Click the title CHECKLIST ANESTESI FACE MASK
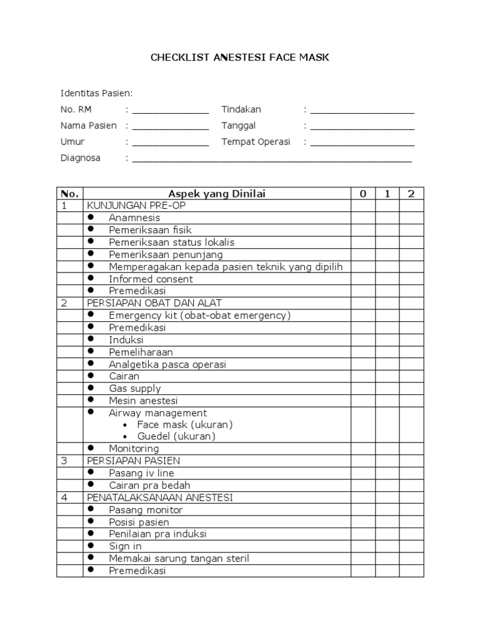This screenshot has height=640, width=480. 239,57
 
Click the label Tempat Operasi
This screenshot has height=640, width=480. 256,142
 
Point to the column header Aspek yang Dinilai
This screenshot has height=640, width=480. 217,194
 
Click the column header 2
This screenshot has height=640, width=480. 411,194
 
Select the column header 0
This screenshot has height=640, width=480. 362,194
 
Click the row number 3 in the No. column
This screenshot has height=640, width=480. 63,461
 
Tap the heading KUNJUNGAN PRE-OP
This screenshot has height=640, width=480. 136,206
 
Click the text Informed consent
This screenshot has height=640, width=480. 142,279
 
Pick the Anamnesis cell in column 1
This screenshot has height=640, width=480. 387,217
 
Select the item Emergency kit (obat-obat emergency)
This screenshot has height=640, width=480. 199,316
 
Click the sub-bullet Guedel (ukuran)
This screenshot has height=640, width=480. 176,436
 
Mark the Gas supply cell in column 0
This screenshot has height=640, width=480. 362,388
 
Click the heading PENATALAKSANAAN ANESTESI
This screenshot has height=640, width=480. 160,497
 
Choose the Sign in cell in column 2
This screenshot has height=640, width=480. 411,546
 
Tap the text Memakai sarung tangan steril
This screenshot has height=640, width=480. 179,558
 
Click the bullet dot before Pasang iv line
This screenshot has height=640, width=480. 91,472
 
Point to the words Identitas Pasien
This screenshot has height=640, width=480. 96,94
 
